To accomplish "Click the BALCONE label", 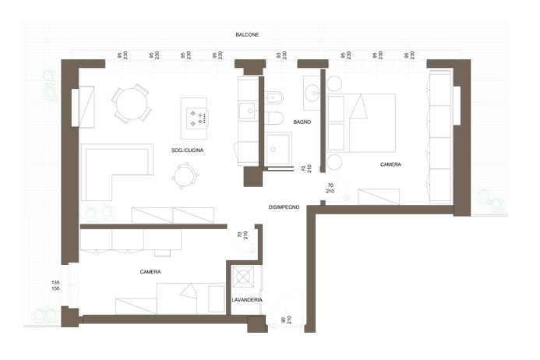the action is pyautogui.click(x=247, y=35).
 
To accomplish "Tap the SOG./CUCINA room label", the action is pyautogui.click(x=187, y=150).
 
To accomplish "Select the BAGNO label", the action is pyautogui.click(x=302, y=122).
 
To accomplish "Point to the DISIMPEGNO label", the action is pyautogui.click(x=284, y=207).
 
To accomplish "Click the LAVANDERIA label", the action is pyautogui.click(x=247, y=300).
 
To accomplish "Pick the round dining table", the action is pyautogui.click(x=132, y=104).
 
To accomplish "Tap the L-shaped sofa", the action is pyautogui.click(x=117, y=171).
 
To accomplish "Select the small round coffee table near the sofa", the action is pyautogui.click(x=185, y=176).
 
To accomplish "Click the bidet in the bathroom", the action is pyautogui.click(x=274, y=98).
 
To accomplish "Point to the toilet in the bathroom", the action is pyautogui.click(x=274, y=118).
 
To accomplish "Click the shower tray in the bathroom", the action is pyautogui.click(x=279, y=149).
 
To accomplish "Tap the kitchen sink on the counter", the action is pyautogui.click(x=248, y=111).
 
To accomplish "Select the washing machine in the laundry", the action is pyautogui.click(x=243, y=277).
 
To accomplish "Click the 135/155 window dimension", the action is pyautogui.click(x=55, y=286).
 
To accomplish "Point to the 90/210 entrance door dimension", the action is pyautogui.click(x=286, y=319).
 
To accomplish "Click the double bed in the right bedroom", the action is pyautogui.click(x=361, y=122).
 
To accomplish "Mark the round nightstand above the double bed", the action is pyautogui.click(x=334, y=83).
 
